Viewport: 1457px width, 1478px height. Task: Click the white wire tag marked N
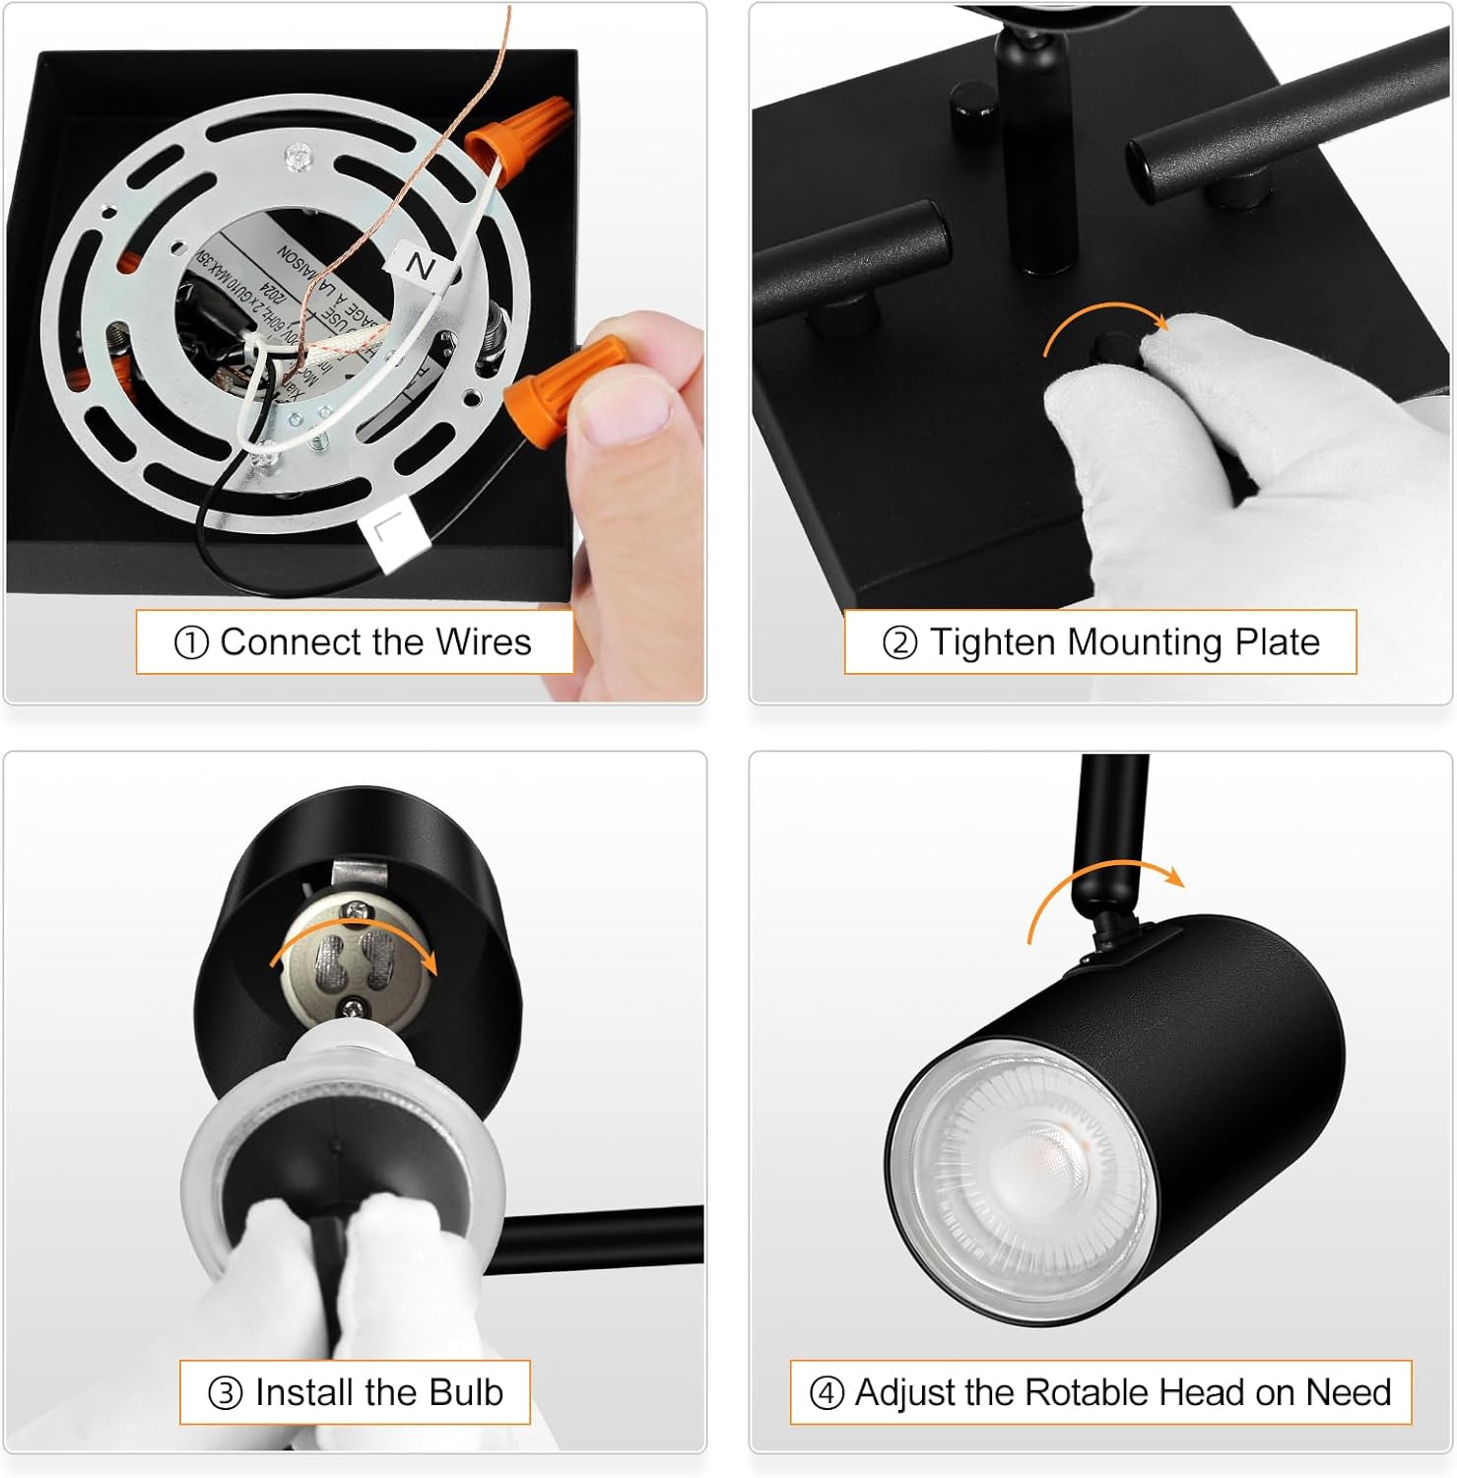pos(420,265)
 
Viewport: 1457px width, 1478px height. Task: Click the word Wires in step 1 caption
pos(483,642)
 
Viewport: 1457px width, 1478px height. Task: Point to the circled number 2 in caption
pos(898,643)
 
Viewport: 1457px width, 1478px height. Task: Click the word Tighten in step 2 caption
pos(994,642)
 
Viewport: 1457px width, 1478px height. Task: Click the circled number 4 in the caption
pos(826,1393)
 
